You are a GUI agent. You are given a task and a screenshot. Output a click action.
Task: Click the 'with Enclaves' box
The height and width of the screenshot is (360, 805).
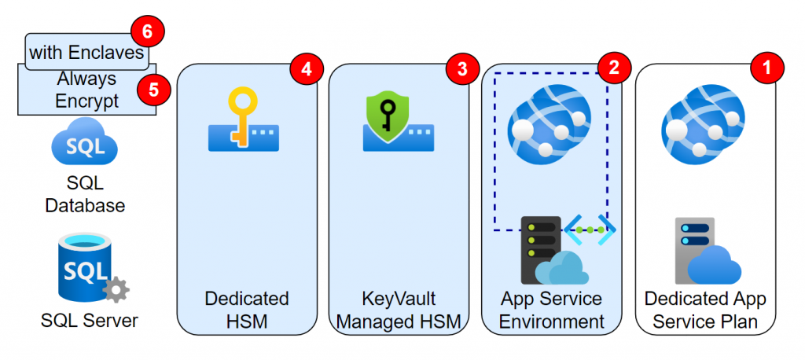coord(86,53)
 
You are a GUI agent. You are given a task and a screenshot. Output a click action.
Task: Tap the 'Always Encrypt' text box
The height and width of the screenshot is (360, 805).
coord(86,90)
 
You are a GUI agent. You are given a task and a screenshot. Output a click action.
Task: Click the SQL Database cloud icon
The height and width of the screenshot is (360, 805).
coord(84,146)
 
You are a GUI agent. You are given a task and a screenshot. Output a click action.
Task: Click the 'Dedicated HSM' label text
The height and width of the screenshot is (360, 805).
coord(246,310)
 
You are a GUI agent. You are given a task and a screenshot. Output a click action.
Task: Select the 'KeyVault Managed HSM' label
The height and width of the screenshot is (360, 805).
coord(399,310)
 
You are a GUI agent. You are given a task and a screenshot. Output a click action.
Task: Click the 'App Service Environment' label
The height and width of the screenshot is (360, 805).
coord(551,310)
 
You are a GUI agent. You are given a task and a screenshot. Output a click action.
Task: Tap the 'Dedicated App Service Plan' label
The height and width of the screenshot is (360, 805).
coord(705,310)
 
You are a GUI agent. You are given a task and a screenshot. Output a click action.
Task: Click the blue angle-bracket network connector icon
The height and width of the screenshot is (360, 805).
coord(590,230)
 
